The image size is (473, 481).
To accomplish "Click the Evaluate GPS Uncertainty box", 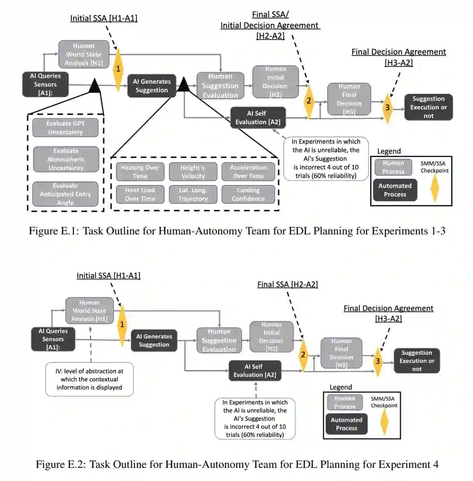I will click(65, 128).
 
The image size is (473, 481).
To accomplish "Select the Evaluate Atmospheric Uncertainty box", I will click(65, 159).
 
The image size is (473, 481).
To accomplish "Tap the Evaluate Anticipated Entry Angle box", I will click(65, 194).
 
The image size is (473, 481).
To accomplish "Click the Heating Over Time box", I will click(140, 171).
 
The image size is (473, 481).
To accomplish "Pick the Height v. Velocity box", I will click(193, 171).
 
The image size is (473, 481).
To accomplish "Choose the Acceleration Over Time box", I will click(248, 171).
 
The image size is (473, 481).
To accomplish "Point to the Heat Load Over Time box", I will click(140, 194).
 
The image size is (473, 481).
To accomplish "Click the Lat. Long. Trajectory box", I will click(193, 194).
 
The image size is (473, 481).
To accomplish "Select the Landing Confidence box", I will click(248, 194).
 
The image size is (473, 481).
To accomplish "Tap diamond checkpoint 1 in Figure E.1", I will click(118, 69).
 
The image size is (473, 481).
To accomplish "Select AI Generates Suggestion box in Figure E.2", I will click(154, 340).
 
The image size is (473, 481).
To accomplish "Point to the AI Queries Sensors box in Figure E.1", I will click(45, 84).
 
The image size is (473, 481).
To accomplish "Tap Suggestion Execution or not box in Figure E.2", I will click(417, 361).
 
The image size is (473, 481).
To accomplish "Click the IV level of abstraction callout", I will click(90, 379).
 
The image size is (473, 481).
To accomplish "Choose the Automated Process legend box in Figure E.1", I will click(395, 190).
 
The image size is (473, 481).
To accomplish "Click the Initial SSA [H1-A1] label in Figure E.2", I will click(108, 275).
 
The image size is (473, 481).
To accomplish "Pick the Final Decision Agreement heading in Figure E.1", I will click(399, 52).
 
